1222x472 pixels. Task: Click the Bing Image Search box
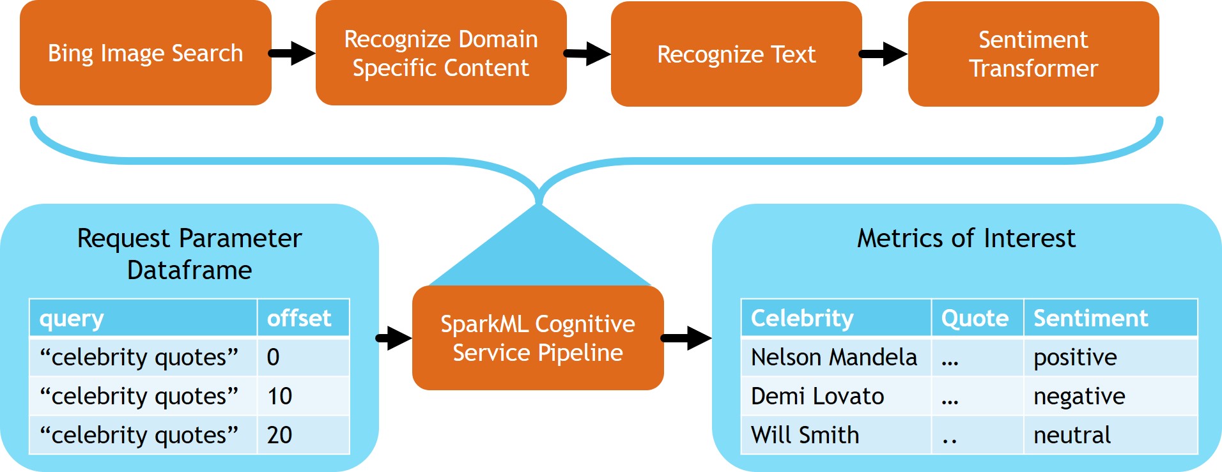(x=146, y=54)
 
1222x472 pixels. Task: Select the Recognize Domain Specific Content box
(x=441, y=54)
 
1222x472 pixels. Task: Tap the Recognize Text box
(x=736, y=54)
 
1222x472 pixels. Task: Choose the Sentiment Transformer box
(x=1033, y=54)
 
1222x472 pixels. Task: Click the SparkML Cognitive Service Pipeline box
(x=538, y=338)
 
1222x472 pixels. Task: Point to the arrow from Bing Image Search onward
(x=293, y=53)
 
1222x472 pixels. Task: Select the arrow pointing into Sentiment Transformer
(x=884, y=54)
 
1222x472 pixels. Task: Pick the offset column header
(x=303, y=318)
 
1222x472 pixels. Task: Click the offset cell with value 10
(x=303, y=396)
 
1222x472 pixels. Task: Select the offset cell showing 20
(x=303, y=435)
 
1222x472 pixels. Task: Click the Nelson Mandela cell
(x=835, y=357)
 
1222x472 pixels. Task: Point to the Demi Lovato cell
(x=835, y=396)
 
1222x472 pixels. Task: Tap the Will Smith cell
(x=835, y=435)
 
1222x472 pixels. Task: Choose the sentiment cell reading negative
(x=1110, y=396)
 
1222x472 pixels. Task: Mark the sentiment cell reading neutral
(x=1110, y=435)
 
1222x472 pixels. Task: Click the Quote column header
(x=976, y=318)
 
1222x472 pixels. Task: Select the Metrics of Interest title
(x=966, y=238)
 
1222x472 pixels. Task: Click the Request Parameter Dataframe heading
(x=189, y=254)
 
